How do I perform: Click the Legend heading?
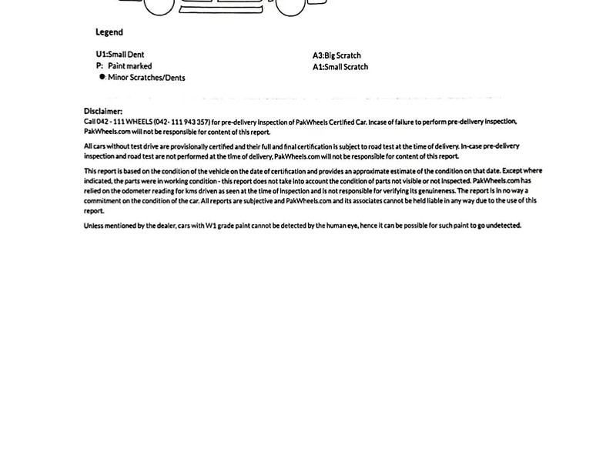pos(109,32)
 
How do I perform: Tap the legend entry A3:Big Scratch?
pos(336,55)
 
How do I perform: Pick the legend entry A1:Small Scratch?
pos(340,67)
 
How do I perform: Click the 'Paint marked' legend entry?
pos(129,66)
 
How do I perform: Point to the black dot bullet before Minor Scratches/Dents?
pos(102,77)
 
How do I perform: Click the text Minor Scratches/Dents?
pos(146,78)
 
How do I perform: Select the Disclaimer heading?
pos(103,112)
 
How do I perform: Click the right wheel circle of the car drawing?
pos(290,6)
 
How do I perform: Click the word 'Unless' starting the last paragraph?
pos(93,226)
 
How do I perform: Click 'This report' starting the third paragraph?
pos(101,171)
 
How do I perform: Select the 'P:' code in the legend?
pos(99,66)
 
